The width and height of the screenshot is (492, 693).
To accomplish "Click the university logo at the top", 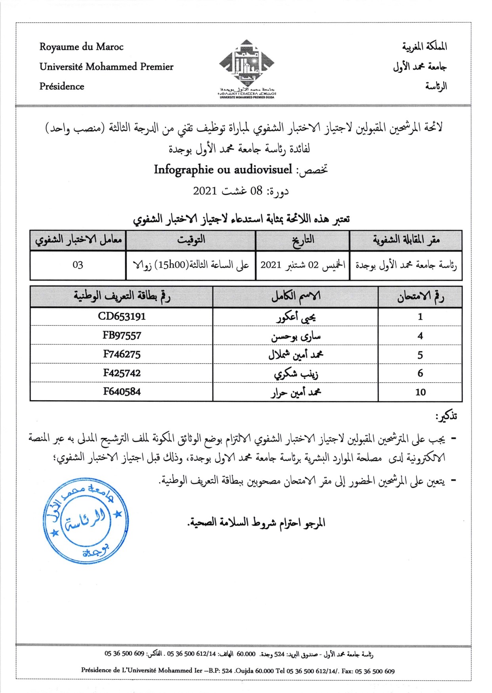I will (246, 67).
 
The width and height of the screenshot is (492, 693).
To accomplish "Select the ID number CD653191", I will (122, 316).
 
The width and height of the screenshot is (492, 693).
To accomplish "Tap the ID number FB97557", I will (122, 335).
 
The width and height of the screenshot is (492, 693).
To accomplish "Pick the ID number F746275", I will (122, 354).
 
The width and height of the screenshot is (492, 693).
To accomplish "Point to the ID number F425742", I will (122, 373).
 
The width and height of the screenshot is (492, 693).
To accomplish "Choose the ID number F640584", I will (122, 391).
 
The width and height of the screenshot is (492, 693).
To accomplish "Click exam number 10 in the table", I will (420, 392).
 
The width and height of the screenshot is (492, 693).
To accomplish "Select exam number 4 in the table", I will (420, 336).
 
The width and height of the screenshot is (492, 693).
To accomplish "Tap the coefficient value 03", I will (78, 265).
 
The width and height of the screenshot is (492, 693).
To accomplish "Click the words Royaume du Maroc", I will (81, 47).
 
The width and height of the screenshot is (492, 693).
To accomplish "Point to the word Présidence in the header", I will (62, 86).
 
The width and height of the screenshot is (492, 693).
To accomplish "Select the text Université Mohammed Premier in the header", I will (106, 67).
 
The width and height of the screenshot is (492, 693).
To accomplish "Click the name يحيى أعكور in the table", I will (296, 317).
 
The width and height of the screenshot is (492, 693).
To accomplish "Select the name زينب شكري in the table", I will (296, 373).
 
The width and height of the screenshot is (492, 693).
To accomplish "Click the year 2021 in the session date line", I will (205, 191).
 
